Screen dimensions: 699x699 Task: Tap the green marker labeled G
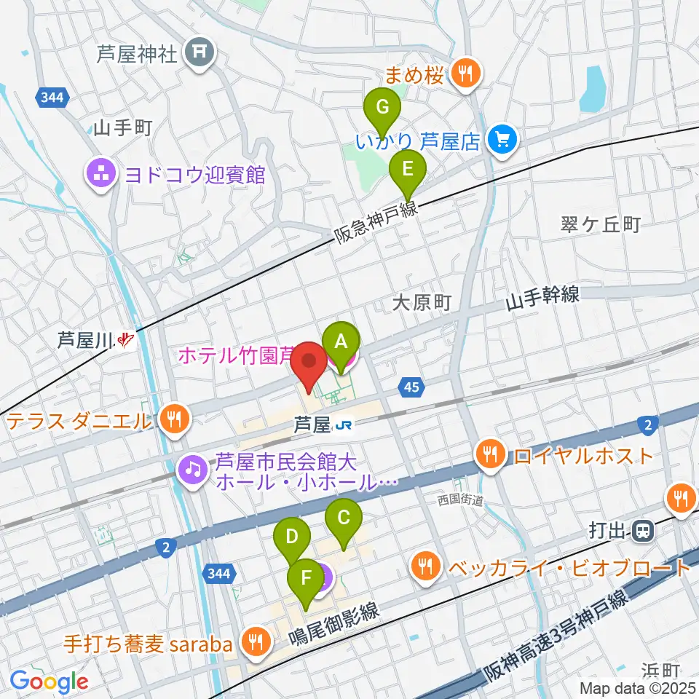382,109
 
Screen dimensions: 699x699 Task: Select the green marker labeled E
408,171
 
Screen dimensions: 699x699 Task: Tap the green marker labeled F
306,580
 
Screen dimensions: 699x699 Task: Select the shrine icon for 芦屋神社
197,54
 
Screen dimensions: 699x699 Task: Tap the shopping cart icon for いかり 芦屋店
502,138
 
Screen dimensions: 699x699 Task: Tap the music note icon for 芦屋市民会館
192,469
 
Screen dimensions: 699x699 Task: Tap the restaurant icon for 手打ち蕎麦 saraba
255,641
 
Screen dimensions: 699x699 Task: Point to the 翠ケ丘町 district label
601,224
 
